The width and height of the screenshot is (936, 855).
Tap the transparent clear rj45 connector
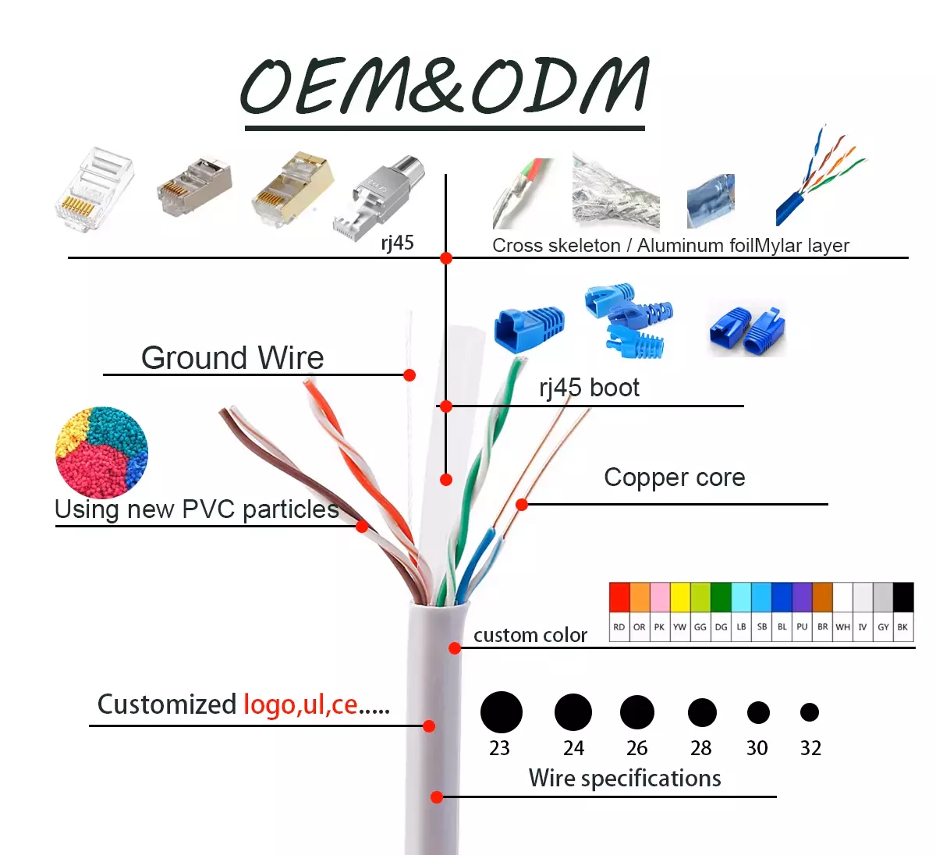coord(94,189)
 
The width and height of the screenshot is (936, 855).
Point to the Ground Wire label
coord(232,358)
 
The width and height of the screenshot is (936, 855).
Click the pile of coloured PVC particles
coord(101,452)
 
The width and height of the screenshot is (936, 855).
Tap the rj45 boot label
coord(589,388)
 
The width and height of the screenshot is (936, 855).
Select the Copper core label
coord(674,477)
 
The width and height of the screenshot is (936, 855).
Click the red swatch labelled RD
coord(619,598)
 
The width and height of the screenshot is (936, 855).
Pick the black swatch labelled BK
coord(902,598)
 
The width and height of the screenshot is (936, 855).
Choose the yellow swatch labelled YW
coord(680,598)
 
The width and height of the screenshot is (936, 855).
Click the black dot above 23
coord(501,712)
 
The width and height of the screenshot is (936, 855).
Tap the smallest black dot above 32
coord(810,712)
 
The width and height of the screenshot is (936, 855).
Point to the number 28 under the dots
coord(700,748)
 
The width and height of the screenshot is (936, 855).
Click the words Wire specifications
coord(624,778)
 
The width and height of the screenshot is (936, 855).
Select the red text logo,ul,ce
coord(300,704)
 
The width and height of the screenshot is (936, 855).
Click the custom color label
coord(530,636)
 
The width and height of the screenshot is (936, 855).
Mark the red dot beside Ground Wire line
coord(409,375)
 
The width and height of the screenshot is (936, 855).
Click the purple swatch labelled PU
coord(802,598)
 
